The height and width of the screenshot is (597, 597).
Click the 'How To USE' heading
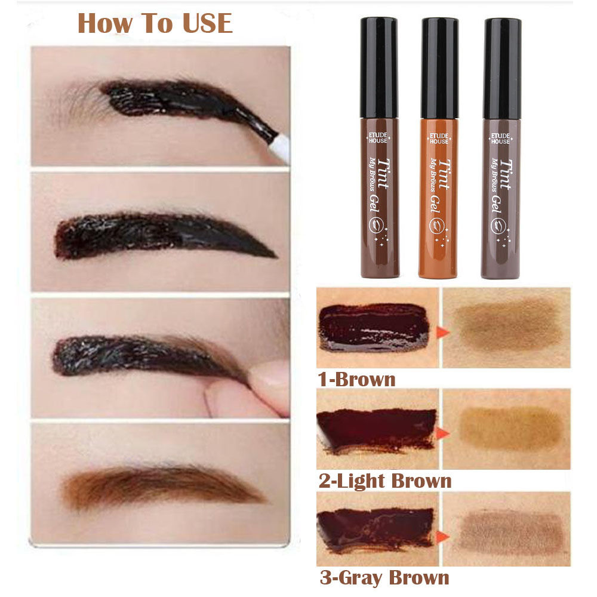click(155, 24)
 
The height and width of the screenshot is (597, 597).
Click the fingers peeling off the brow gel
click(248, 389)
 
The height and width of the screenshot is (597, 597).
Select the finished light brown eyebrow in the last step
click(162, 486)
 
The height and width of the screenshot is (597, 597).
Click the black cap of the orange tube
click(440, 68)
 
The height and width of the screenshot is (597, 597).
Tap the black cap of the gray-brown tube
click(502, 69)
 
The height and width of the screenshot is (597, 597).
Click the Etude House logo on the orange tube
click(439, 139)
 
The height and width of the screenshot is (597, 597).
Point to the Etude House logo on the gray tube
click(500, 139)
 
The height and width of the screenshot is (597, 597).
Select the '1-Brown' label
click(356, 380)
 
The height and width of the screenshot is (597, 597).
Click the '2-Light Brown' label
click(385, 481)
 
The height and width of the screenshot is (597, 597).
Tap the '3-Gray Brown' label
click(384, 577)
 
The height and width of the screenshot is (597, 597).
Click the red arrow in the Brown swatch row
click(442, 331)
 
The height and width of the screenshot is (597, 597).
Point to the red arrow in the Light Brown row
click(442, 433)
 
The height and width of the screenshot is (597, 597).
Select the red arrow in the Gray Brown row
click(442, 537)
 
